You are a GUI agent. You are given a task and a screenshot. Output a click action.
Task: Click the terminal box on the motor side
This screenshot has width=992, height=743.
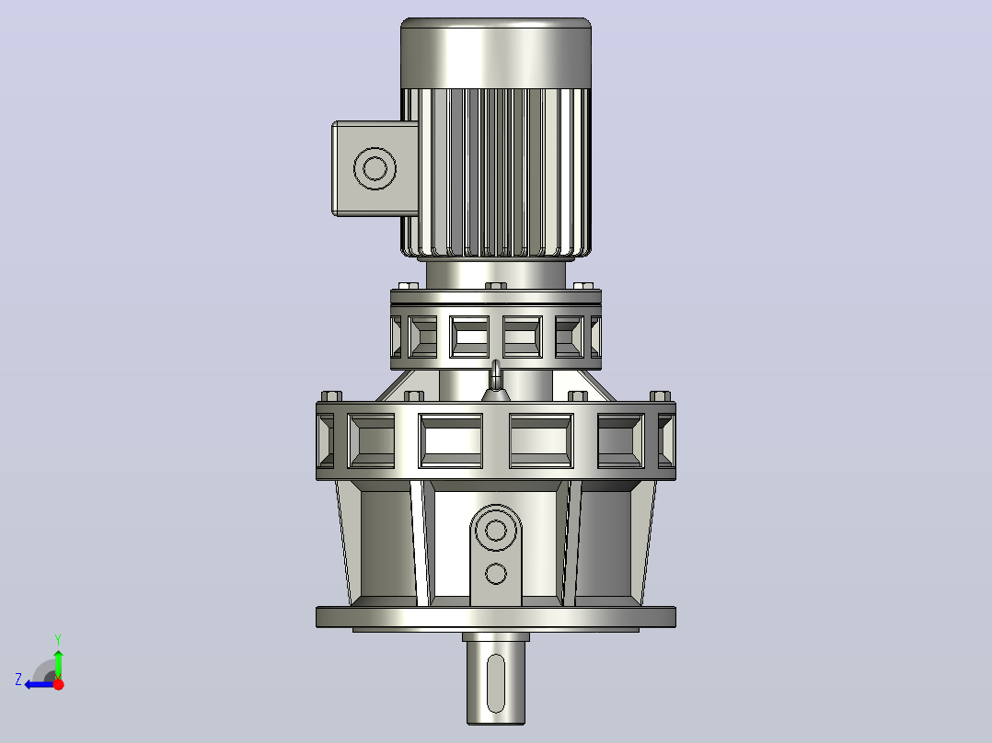click(x=375, y=169)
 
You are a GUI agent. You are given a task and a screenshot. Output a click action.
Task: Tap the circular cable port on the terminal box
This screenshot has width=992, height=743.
click(x=375, y=169)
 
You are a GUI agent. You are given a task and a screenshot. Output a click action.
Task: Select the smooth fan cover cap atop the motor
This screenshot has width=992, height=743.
click(x=496, y=53)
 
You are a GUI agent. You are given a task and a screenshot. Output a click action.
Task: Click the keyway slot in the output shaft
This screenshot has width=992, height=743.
click(x=496, y=683)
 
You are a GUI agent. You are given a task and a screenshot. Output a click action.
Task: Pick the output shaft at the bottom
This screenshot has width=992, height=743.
click(x=496, y=679)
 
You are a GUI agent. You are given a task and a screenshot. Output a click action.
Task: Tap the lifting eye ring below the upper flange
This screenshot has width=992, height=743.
click(x=496, y=374)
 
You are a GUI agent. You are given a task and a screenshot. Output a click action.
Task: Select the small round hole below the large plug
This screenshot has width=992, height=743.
click(x=495, y=574)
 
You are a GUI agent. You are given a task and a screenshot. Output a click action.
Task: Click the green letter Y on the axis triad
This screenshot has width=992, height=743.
click(x=58, y=639)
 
